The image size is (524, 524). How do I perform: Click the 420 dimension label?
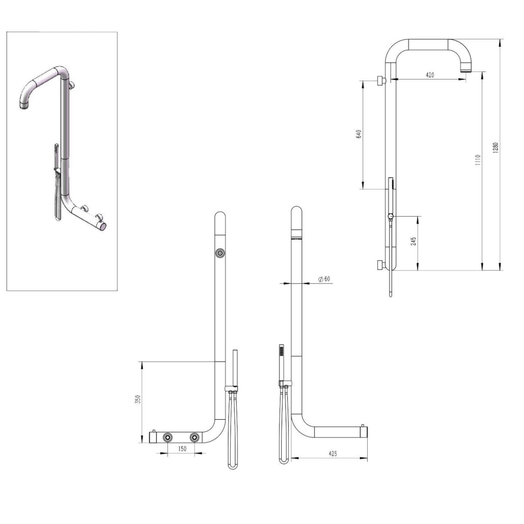(430, 75)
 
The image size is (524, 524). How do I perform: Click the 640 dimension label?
(358, 134)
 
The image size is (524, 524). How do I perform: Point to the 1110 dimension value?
(478, 160)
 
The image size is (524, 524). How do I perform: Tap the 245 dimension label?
(413, 241)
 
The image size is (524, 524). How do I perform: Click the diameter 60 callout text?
(324, 279)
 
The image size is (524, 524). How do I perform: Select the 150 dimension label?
(182, 449)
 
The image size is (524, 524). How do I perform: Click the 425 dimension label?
(333, 453)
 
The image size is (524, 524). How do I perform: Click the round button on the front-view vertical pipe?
(220, 253)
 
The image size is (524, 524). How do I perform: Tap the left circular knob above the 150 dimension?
(168, 437)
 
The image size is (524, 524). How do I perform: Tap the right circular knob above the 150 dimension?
(195, 437)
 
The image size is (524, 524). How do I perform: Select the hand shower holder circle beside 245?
(391, 217)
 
